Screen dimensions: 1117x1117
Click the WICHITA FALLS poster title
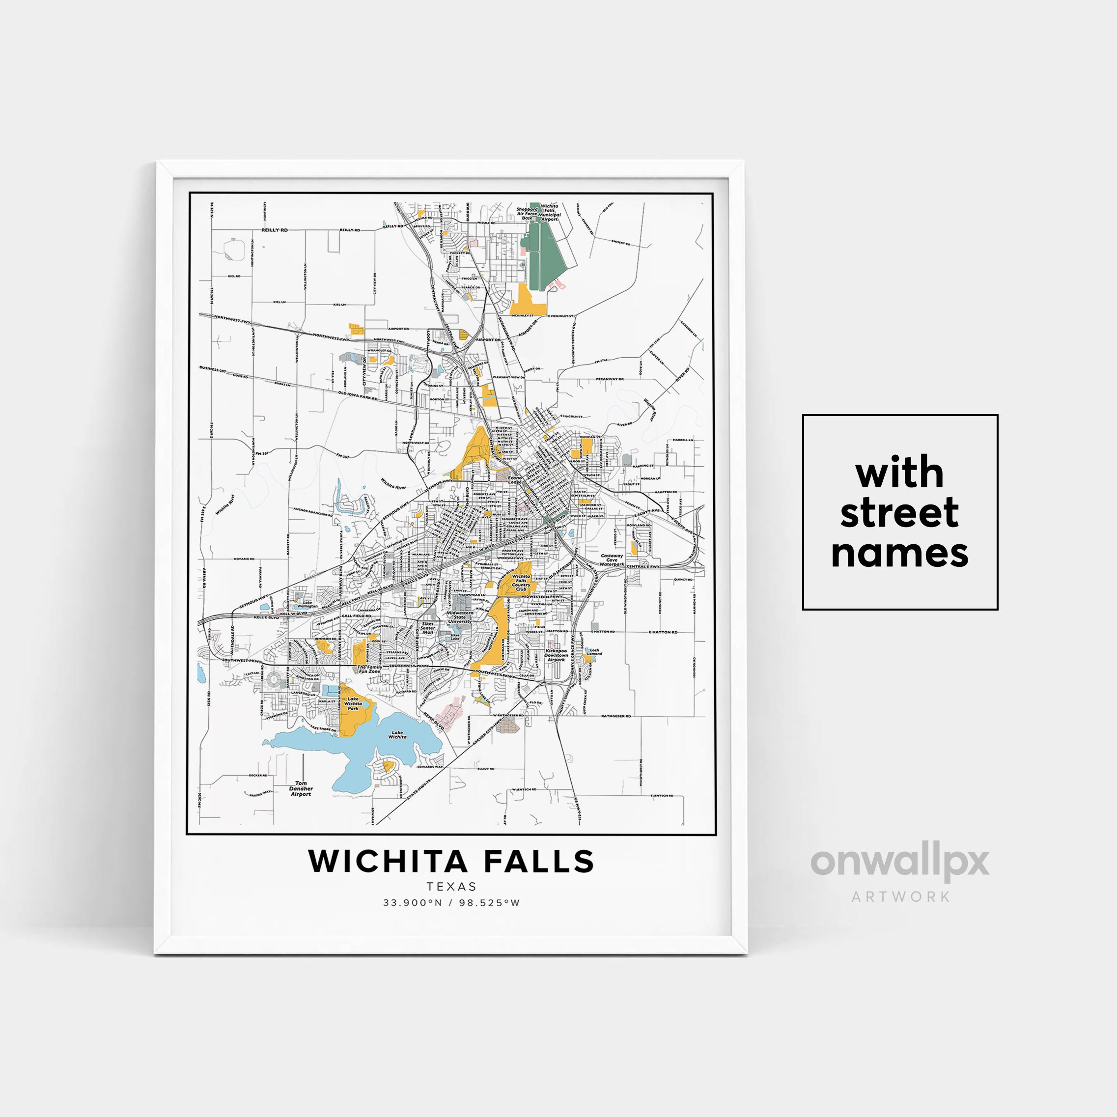point(451,862)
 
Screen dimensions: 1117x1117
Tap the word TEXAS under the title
point(451,886)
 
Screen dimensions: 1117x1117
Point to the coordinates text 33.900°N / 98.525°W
point(451,902)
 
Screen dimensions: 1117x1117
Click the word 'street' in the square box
point(899,512)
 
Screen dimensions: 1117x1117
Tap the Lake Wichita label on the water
point(397,735)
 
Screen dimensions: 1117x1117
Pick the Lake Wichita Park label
point(353,703)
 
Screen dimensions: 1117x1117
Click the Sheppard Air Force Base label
point(527,213)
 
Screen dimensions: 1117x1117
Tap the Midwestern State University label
point(460,617)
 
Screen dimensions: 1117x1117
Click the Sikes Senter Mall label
point(427,628)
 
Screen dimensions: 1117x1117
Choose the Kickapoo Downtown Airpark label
point(556,655)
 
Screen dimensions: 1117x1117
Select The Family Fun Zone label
point(369,669)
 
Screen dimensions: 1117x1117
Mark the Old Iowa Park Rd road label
point(358,395)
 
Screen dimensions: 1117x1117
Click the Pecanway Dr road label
point(610,379)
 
